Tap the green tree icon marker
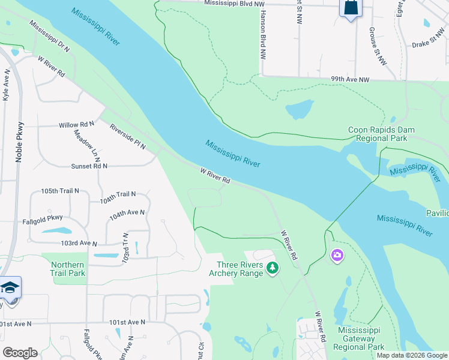[273, 268]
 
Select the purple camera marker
[337, 256]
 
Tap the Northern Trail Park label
[68, 269]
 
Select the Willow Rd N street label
[76, 125]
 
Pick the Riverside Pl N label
[128, 136]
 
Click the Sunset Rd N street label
[89, 166]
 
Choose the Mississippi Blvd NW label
[234, 3]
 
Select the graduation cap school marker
[10, 288]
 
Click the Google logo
[20, 353]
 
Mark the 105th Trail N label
[60, 191]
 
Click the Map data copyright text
[411, 355]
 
